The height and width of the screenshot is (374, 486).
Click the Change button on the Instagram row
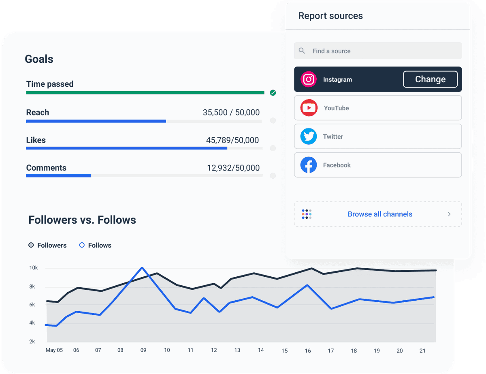(430, 79)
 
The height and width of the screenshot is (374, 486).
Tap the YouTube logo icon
(309, 108)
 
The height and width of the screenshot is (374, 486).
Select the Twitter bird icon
(309, 137)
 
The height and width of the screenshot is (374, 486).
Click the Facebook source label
(337, 165)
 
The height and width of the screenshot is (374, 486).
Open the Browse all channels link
(380, 214)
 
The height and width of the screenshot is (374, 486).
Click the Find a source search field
(377, 51)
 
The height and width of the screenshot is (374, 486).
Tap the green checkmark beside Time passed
(273, 93)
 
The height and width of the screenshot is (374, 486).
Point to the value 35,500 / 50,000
(231, 113)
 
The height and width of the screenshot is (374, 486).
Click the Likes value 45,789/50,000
(232, 140)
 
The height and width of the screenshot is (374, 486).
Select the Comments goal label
(46, 168)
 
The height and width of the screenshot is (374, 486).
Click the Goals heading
(39, 59)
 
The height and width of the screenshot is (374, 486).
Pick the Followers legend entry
(47, 245)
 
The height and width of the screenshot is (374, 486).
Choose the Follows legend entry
(95, 245)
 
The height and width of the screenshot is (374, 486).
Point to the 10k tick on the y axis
(34, 268)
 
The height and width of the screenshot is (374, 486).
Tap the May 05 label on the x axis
(54, 350)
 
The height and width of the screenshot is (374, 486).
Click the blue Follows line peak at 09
(142, 268)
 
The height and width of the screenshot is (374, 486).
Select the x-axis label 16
(308, 350)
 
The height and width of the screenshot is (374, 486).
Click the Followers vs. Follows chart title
(82, 220)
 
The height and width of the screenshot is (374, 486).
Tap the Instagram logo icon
(309, 79)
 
